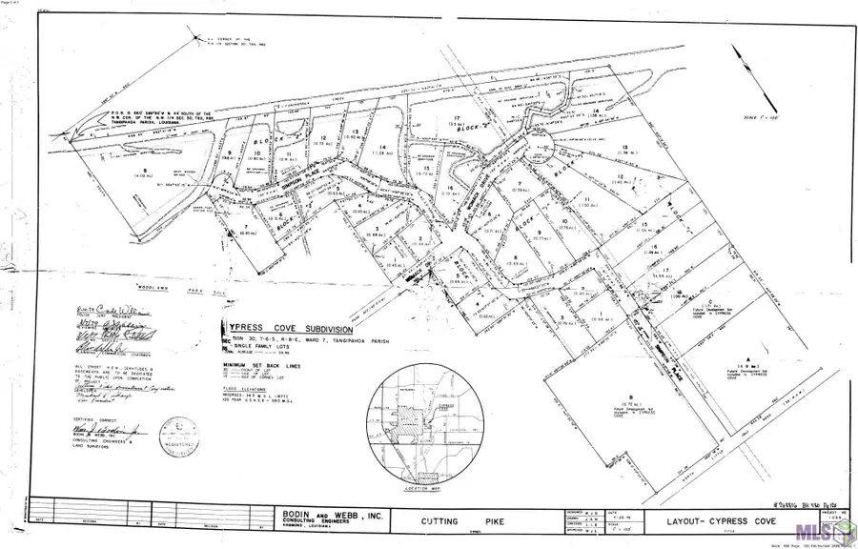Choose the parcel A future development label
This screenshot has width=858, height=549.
[x=749, y=364]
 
